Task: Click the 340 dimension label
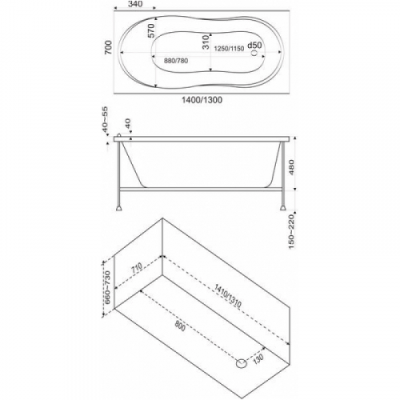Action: [x=135, y=4]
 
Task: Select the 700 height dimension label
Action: [x=108, y=48]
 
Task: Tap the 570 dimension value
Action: [x=151, y=30]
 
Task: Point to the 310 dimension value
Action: [x=206, y=42]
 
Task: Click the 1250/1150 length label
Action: [x=230, y=49]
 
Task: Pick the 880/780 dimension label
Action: [x=176, y=61]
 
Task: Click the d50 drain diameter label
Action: [x=254, y=46]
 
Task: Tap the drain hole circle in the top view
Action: [x=254, y=53]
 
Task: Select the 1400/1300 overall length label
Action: [x=202, y=100]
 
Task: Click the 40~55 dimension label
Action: [x=106, y=120]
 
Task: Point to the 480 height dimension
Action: [x=291, y=167]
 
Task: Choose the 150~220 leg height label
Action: [x=291, y=232]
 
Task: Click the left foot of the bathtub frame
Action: [x=119, y=207]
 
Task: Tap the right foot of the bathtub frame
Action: [x=283, y=207]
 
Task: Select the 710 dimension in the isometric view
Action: [x=136, y=268]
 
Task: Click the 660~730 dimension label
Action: [x=107, y=287]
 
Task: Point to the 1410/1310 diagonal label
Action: [x=227, y=296]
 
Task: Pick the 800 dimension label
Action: [x=180, y=326]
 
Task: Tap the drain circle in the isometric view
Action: [x=242, y=363]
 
